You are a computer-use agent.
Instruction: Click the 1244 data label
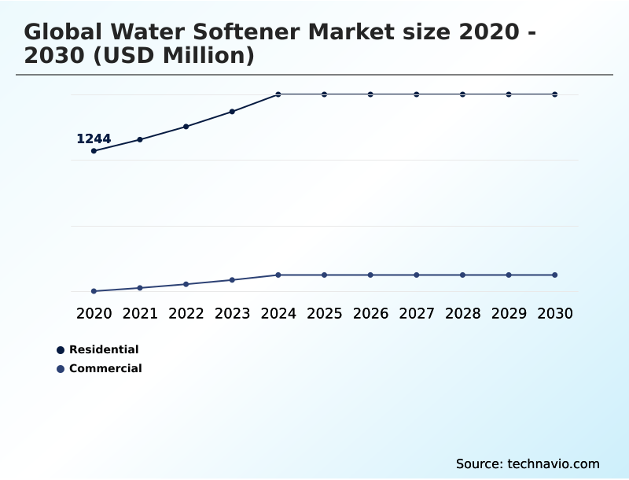[94, 139]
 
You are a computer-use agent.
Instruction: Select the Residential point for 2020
[94, 151]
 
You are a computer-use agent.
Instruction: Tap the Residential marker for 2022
[186, 127]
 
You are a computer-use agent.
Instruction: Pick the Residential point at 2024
[278, 94]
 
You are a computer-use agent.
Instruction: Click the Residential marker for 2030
[555, 94]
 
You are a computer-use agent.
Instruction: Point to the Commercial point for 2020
[94, 291]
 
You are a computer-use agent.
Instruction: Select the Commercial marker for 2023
[232, 280]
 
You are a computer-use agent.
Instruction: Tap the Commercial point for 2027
[417, 275]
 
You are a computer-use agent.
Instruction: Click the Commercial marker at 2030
[555, 275]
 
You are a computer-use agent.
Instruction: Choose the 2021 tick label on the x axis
[140, 313]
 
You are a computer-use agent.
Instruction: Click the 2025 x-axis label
[325, 313]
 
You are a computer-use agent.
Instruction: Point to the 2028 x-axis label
[462, 313]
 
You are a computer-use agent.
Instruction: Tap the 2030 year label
[555, 313]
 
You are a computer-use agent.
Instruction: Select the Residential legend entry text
[104, 349]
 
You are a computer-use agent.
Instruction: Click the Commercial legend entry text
[105, 368]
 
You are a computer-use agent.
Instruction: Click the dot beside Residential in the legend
[61, 350]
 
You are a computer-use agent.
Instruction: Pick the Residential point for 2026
[370, 94]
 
